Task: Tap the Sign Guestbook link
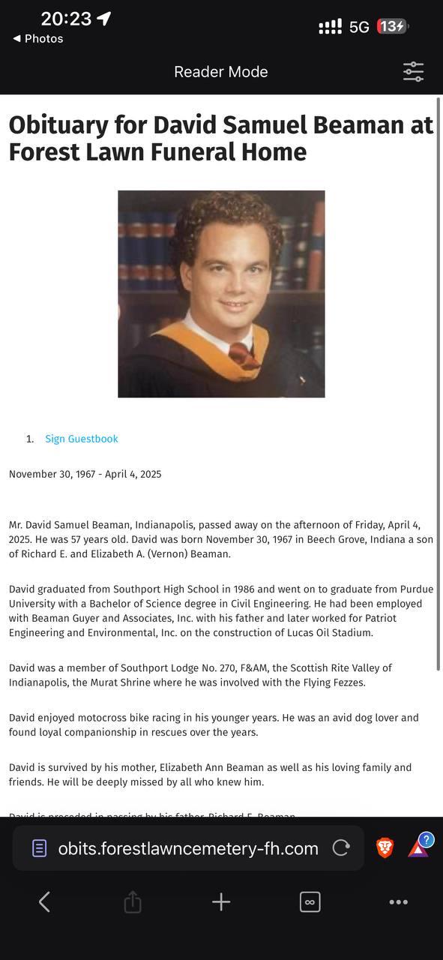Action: click(x=81, y=439)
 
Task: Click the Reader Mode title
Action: click(x=220, y=72)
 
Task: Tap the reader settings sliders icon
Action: click(x=413, y=72)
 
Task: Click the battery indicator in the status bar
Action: click(x=392, y=27)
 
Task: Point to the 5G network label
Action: click(x=359, y=28)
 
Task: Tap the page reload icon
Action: click(x=341, y=848)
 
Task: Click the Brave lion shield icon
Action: click(x=385, y=847)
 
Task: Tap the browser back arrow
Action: click(x=44, y=901)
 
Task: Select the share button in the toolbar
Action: click(x=132, y=901)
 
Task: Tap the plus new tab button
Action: click(x=221, y=901)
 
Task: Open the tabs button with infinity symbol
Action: click(x=310, y=901)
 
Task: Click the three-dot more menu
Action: click(x=398, y=901)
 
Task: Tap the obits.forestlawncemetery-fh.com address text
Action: click(x=188, y=848)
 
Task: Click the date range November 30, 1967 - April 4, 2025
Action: click(x=85, y=474)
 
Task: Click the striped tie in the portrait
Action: click(x=241, y=353)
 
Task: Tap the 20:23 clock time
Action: click(x=66, y=19)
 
